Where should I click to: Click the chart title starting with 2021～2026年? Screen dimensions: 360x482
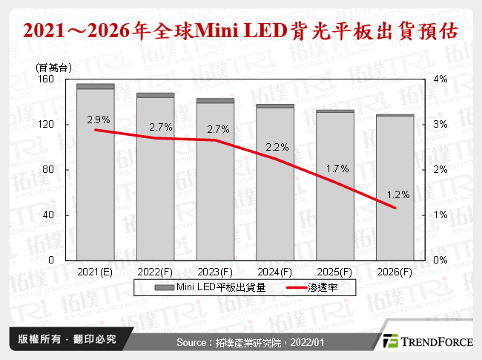click(240, 32)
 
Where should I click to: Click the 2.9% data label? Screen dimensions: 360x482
click(98, 119)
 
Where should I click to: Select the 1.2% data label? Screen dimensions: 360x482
click(398, 194)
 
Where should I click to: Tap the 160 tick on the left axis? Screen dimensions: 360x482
click(47, 79)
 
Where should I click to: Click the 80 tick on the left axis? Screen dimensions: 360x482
click(49, 170)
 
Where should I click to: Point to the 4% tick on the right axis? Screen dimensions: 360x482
click(440, 79)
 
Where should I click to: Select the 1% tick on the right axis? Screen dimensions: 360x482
click(440, 215)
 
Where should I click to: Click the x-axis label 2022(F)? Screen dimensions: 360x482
click(155, 272)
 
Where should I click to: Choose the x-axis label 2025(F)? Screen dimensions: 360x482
click(335, 272)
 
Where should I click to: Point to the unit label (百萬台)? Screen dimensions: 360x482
click(53, 68)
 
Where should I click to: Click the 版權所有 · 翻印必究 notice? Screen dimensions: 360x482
click(66, 339)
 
